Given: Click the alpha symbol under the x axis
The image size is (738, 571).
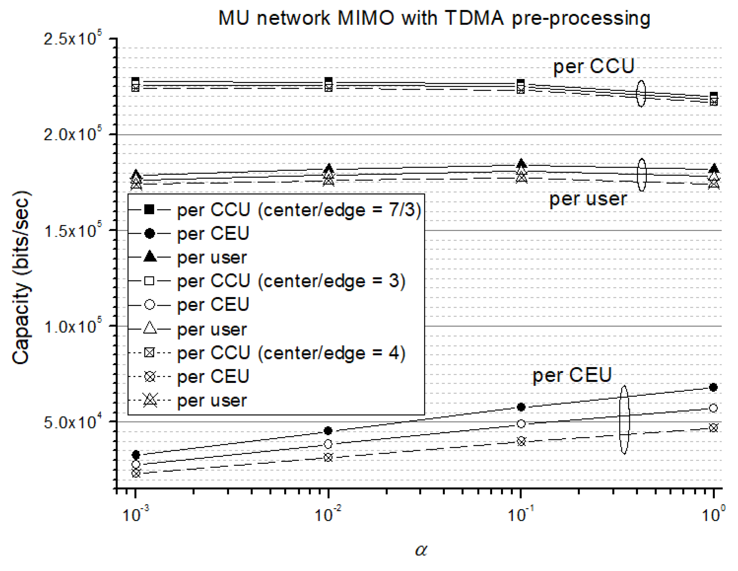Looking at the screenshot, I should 421,550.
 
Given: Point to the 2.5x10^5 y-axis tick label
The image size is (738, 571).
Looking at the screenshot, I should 72,39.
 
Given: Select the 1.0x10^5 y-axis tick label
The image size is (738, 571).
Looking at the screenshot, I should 72,327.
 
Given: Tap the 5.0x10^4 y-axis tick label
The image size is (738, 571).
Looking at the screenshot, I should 72,422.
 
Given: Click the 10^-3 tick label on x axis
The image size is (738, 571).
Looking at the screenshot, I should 135,515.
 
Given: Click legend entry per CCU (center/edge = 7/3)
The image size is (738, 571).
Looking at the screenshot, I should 299,210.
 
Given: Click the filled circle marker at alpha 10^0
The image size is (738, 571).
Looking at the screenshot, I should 713,387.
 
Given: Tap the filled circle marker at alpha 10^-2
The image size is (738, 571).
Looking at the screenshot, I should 328,431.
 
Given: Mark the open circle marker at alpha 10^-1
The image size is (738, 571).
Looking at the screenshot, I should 521,424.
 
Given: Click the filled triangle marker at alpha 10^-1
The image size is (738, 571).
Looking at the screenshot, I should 521,164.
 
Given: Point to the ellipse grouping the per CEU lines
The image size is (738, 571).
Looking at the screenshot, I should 624,419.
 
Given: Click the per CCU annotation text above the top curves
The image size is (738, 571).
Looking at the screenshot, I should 593,66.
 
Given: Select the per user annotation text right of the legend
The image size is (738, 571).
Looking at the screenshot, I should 588,199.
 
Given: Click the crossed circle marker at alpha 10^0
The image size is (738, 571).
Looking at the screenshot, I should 713,427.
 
